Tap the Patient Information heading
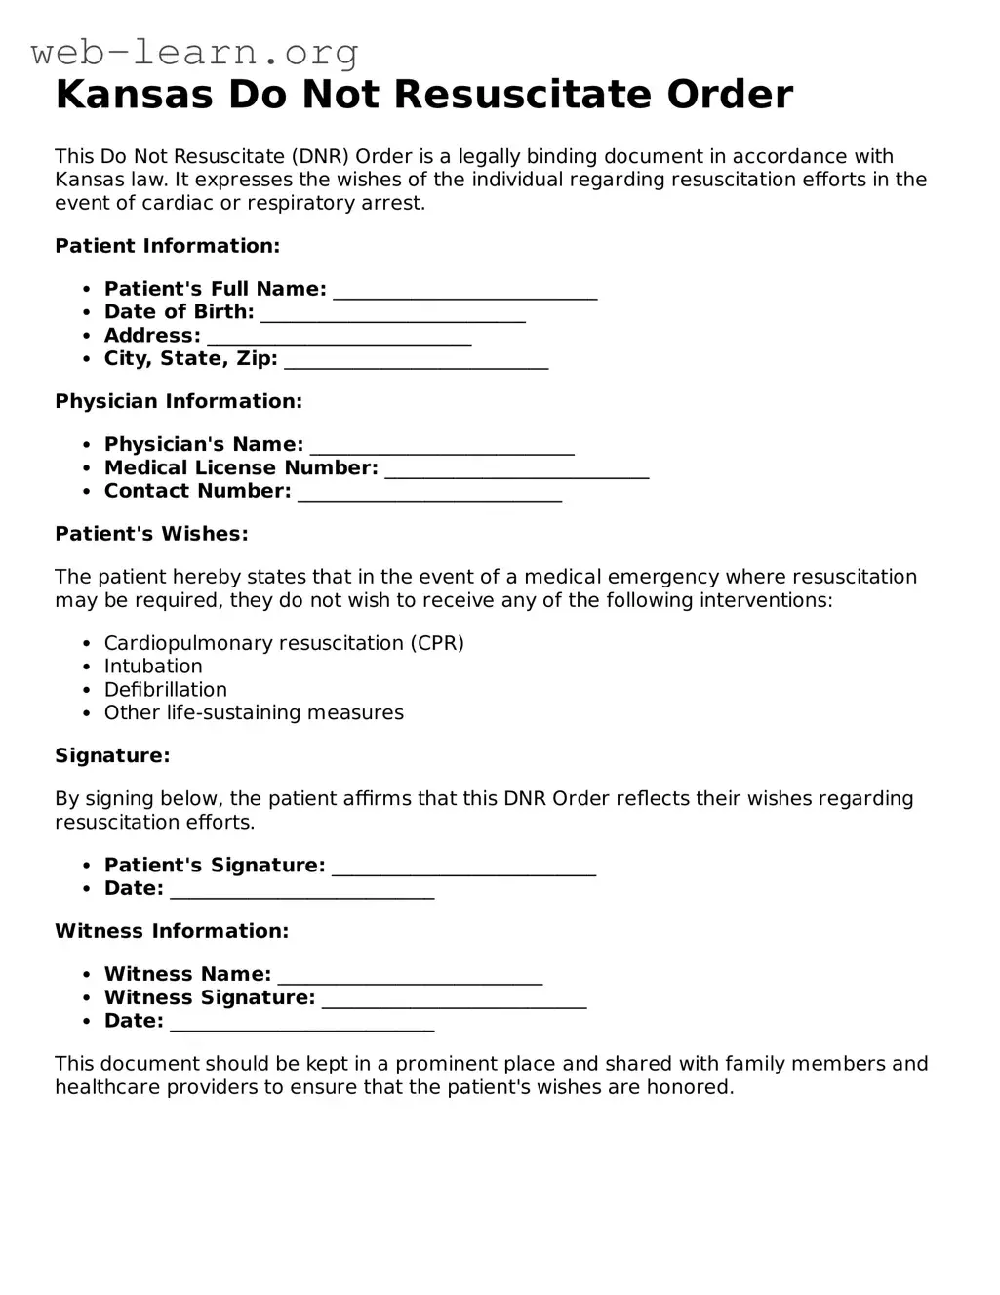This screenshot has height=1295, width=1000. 167,246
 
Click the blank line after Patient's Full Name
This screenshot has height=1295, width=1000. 464,291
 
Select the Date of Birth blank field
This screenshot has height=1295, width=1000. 393,314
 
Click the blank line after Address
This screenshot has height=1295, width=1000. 340,338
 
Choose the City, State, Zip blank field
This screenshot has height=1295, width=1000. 417,361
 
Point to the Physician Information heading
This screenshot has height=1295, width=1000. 179,401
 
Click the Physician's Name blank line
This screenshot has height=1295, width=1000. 442,447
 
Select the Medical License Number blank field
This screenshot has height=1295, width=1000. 517,470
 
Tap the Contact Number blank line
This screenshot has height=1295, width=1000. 429,494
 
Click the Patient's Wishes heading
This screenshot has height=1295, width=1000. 151,534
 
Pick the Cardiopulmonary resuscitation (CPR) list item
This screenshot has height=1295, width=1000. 284,643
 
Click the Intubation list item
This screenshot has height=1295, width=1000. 153,667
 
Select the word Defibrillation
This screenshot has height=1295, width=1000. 165,690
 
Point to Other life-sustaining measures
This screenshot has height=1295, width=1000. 254,713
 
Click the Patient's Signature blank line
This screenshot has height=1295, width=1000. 463,868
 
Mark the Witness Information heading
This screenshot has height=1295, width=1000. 172,931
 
